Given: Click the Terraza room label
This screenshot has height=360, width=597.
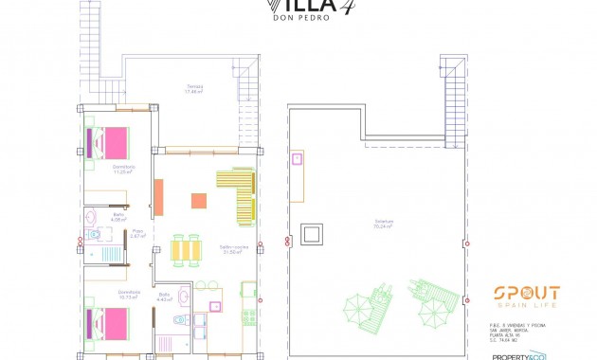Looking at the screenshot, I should pos(194,90).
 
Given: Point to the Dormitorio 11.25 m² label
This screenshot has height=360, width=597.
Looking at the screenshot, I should pos(124,170).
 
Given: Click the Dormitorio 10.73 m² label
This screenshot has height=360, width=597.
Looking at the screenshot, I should pos(130,294).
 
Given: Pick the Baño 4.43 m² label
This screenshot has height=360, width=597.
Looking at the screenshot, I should pos(164,297).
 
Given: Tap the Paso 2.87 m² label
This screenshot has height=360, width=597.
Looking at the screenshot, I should pos(137,233).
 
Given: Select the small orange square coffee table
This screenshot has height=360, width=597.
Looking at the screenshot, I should pos(199,200).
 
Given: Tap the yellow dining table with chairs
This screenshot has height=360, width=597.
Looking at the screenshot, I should pos(187,248).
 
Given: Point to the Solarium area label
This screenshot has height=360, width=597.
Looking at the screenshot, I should pos(384,225).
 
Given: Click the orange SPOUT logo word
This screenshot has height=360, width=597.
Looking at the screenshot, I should pos(525,294).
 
